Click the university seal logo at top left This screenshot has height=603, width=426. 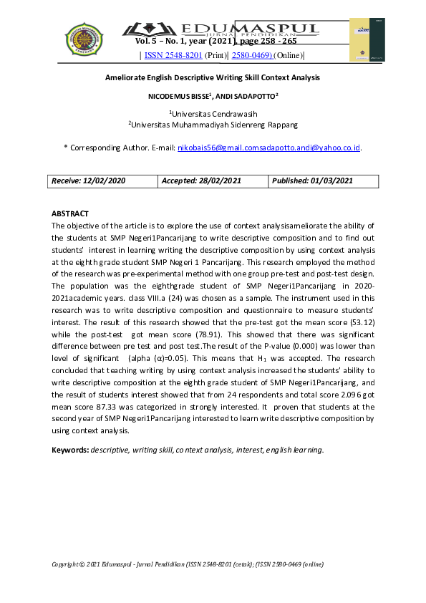click(84, 40)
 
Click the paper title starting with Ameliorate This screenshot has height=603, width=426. click(213, 77)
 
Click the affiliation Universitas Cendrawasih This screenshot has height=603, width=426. click(213, 113)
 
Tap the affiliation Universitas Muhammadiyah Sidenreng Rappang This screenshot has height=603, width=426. click(213, 125)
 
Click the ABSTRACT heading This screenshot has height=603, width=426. click(70, 213)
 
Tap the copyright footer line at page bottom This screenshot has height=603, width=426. click(188, 564)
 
